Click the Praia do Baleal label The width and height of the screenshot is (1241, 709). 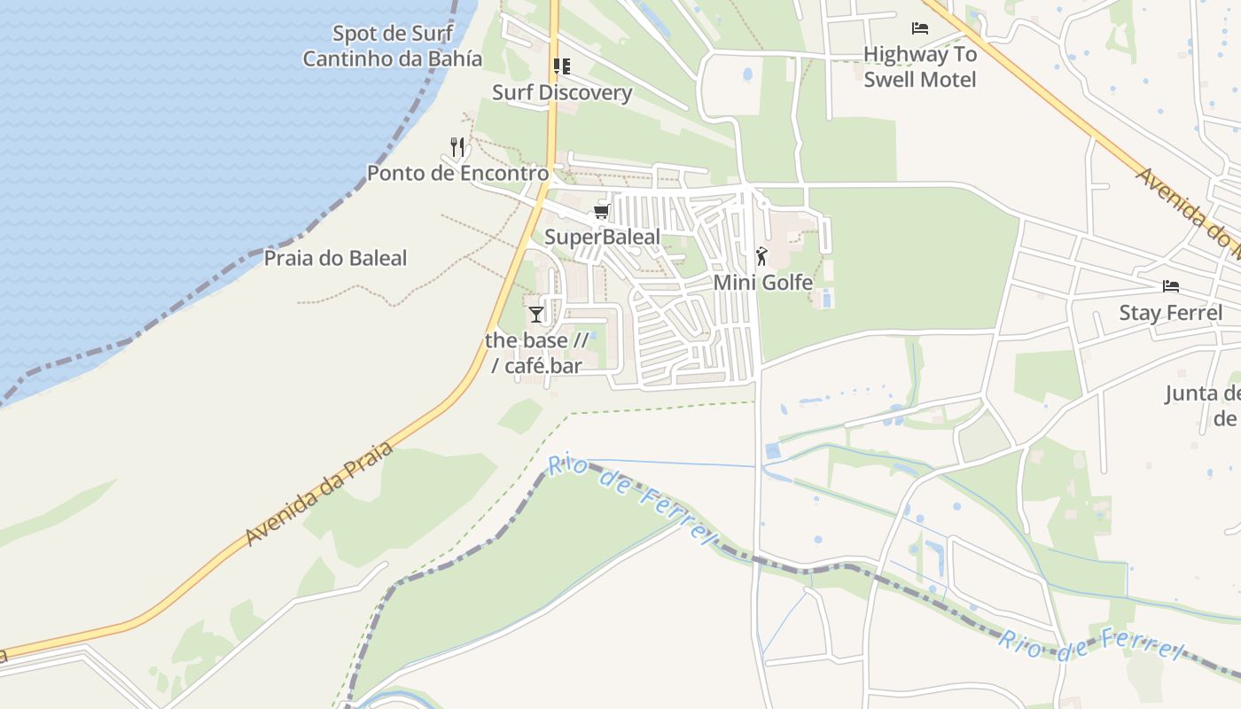pyautogui.click(x=335, y=258)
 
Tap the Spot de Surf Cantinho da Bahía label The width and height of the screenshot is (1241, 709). pyautogui.click(x=393, y=47)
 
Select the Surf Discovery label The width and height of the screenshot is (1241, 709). pyautogui.click(x=562, y=92)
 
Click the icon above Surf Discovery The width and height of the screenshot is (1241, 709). pyautogui.click(x=561, y=66)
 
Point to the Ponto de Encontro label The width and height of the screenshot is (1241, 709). pyautogui.click(x=457, y=173)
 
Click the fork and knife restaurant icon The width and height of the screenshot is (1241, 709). pyautogui.click(x=457, y=147)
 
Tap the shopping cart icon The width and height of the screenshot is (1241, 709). pyautogui.click(x=602, y=211)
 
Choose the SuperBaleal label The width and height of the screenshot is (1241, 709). pyautogui.click(x=602, y=237)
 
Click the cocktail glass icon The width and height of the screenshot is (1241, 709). pyautogui.click(x=536, y=315)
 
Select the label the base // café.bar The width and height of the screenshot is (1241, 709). pyautogui.click(x=536, y=353)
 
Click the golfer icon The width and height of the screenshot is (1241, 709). pyautogui.click(x=761, y=257)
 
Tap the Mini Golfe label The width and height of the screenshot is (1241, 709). pyautogui.click(x=763, y=283)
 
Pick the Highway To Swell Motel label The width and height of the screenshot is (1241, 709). pyautogui.click(x=920, y=66)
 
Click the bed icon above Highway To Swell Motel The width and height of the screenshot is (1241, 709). pyautogui.click(x=920, y=28)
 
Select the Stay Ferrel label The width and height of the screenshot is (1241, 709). pyautogui.click(x=1170, y=313)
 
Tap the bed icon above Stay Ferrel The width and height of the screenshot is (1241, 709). pyautogui.click(x=1171, y=286)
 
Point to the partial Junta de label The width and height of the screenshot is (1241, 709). pyautogui.click(x=1202, y=405)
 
